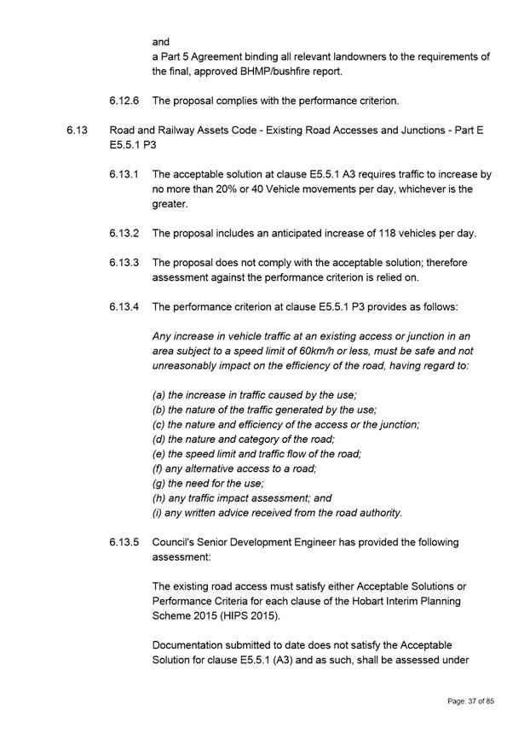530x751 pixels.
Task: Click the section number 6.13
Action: (75, 131)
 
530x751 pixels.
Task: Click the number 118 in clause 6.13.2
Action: (393, 233)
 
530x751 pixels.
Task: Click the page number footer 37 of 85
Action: (471, 701)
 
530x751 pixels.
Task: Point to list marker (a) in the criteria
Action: (158, 394)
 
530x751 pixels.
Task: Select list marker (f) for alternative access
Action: (158, 469)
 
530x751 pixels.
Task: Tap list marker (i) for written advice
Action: (158, 513)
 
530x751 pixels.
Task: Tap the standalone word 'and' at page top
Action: (161, 42)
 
